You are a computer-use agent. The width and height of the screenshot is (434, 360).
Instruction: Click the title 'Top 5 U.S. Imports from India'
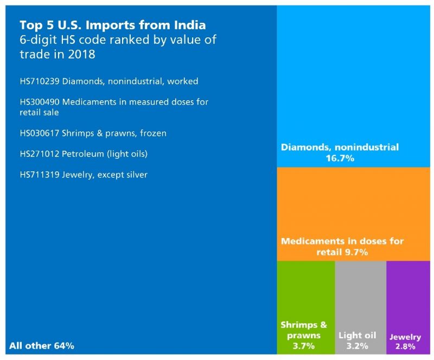112,25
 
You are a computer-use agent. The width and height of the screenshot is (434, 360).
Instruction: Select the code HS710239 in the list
40,81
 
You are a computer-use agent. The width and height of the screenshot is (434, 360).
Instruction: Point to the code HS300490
40,102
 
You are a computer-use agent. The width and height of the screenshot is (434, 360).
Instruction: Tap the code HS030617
40,133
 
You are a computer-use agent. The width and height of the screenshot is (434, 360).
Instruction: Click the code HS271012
40,154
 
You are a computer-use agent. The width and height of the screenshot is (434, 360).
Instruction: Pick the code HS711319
40,175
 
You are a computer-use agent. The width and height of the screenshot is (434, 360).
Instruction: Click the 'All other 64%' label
42,345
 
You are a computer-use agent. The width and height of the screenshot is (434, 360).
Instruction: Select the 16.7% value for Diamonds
340,158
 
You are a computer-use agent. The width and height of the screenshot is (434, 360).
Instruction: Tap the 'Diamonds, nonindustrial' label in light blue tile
340,147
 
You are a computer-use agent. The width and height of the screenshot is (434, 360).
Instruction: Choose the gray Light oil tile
360,293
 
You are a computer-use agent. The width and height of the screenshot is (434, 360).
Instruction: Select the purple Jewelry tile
407,293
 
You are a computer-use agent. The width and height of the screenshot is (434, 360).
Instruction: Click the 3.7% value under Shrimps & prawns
304,345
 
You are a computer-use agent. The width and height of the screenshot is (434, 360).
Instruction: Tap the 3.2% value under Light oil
357,345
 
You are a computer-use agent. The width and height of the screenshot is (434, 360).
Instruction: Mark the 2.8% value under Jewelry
405,346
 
